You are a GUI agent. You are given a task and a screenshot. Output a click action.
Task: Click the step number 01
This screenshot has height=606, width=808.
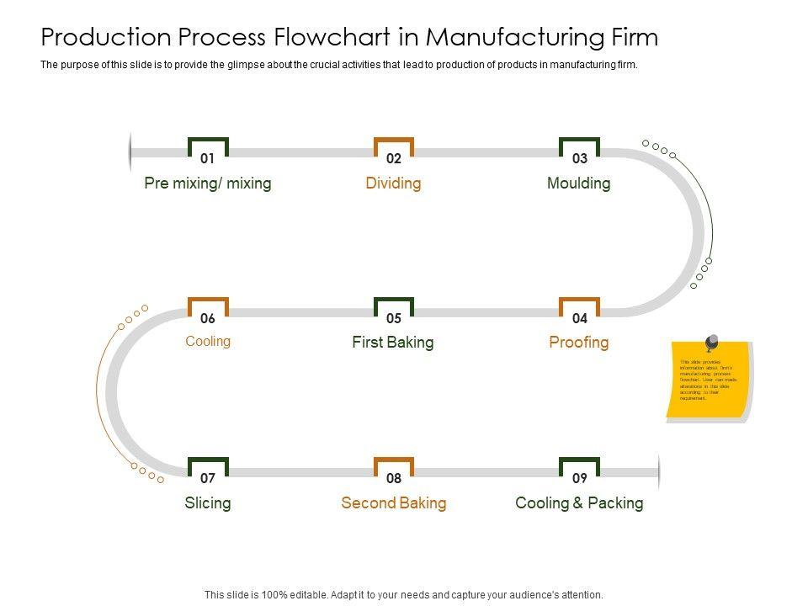[208, 158]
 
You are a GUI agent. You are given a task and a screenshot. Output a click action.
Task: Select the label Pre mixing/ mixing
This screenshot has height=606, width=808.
[208, 183]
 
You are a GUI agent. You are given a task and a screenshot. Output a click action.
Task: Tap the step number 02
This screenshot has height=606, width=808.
[394, 158]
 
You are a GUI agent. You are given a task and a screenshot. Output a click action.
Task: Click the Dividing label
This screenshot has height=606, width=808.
[394, 183]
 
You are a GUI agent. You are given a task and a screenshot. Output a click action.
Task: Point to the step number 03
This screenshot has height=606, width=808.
[580, 158]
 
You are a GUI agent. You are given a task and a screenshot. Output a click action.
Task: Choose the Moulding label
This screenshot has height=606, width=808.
[579, 183]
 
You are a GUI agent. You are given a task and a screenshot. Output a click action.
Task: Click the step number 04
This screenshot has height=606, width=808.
[580, 318]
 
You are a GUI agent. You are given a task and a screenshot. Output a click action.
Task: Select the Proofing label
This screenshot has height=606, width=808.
[579, 343]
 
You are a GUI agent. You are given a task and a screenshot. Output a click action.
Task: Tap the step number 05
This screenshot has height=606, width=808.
[394, 318]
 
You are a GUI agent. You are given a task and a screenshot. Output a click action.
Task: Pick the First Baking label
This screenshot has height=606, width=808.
[393, 343]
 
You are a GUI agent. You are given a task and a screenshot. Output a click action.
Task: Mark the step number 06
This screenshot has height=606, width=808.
[208, 318]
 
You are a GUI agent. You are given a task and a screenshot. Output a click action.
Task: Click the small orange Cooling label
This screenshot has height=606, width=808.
[208, 342]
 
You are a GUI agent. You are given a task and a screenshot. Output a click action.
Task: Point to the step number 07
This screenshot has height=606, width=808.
[208, 478]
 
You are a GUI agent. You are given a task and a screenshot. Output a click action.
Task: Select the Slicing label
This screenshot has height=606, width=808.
[208, 503]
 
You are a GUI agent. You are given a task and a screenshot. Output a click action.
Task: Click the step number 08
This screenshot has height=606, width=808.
[394, 478]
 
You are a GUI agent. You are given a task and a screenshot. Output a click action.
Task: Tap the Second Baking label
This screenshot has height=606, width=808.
[394, 503]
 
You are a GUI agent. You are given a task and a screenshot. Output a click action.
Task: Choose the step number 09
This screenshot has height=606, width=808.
[580, 478]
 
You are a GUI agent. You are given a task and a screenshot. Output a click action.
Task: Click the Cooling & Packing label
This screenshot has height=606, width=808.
[579, 503]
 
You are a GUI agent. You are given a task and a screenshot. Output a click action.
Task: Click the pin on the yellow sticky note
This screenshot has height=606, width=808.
[711, 343]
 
